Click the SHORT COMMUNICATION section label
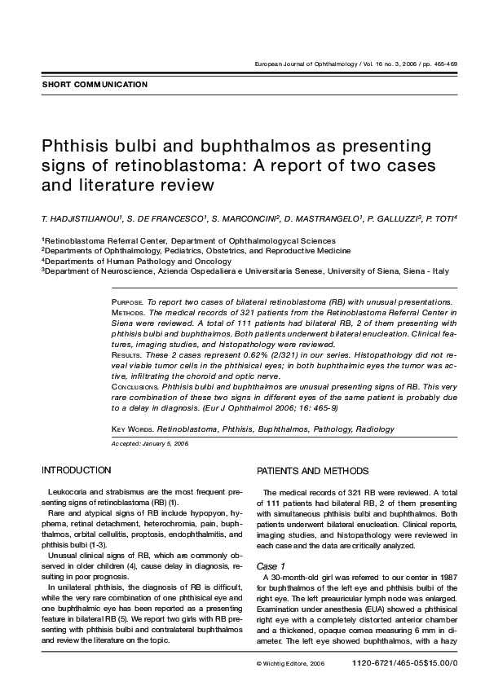coord(95,85)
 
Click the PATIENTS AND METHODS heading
coord(313,471)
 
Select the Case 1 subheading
coord(271,565)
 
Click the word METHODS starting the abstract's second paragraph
coord(128,311)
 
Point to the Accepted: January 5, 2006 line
coord(149,443)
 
